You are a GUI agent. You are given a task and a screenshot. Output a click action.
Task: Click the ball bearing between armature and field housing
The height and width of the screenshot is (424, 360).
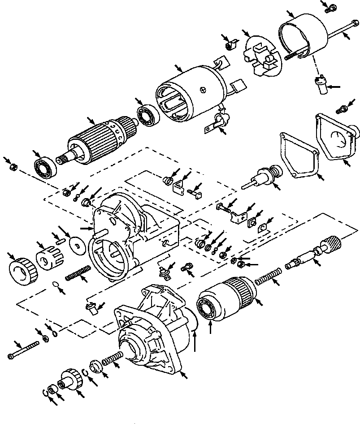(146, 116)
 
